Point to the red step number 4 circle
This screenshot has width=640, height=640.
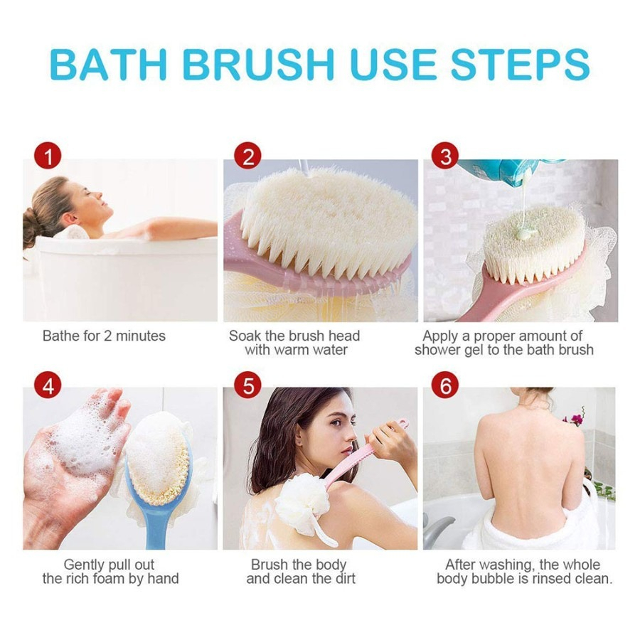[x=48, y=385]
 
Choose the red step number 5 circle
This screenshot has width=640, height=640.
[x=248, y=385]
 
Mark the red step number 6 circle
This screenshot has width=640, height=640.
[x=446, y=385]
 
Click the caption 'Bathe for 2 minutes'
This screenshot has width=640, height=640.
[x=104, y=336]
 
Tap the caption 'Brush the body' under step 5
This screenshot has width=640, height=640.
[x=299, y=565]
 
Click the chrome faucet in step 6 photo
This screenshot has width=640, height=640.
[x=436, y=530]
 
